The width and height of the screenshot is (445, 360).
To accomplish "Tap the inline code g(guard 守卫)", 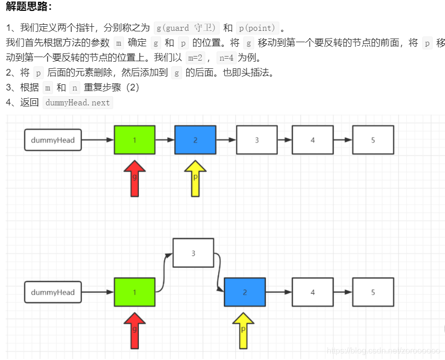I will click(187, 28).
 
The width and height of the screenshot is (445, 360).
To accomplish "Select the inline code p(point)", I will click(257, 28).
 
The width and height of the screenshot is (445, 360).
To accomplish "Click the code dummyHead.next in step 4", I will click(78, 102).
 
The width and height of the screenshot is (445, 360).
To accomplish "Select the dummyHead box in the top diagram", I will click(53, 140).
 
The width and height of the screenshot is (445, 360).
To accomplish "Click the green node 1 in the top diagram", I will click(135, 140).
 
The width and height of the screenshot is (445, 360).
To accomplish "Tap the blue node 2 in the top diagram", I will click(195, 140).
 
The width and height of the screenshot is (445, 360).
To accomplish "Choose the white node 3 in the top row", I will click(257, 140).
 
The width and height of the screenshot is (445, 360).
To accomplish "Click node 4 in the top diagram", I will click(312, 140).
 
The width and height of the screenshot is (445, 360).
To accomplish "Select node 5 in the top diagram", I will click(373, 140).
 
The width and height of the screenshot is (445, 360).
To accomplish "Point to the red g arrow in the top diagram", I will click(135, 178).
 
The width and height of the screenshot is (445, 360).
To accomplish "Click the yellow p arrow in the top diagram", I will click(195, 178).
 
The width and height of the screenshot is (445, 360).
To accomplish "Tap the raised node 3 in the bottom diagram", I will click(193, 253).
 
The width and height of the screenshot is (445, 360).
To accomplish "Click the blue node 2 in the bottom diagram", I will click(245, 292).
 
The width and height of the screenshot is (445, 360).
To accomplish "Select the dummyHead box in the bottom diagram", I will click(53, 292).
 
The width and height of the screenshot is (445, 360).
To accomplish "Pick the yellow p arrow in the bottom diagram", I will click(243, 330).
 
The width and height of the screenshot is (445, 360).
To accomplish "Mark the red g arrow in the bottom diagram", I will click(135, 330).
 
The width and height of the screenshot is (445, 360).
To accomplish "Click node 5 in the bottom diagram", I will click(373, 292).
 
